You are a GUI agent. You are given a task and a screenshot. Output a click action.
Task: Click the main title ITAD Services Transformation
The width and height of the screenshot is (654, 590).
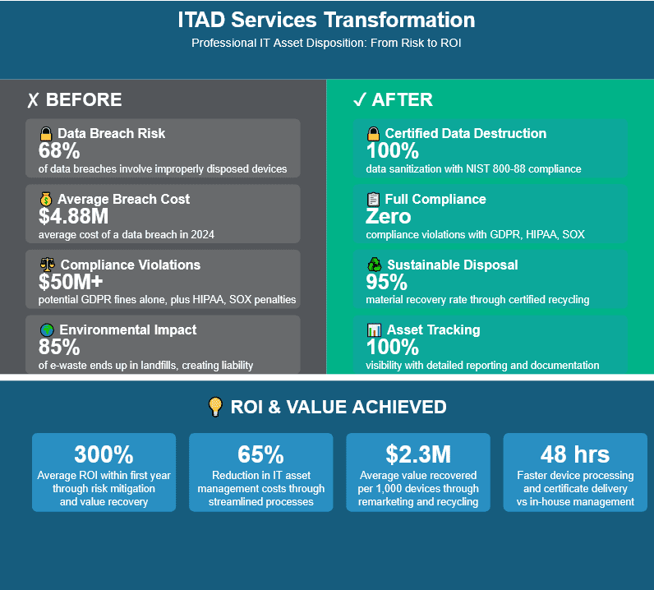click(326, 21)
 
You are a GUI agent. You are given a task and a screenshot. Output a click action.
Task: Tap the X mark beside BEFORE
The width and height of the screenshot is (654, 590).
click(33, 100)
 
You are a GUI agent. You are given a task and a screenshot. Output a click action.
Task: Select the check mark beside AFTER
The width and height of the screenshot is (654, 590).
click(359, 100)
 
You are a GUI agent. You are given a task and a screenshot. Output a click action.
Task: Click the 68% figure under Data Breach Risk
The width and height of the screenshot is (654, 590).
click(59, 151)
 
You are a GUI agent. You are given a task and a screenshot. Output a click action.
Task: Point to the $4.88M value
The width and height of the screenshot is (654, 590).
click(72, 217)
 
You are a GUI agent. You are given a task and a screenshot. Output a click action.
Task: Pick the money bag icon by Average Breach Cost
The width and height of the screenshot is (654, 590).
click(46, 199)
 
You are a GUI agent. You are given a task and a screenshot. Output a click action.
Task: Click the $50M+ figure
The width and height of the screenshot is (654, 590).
click(70, 282)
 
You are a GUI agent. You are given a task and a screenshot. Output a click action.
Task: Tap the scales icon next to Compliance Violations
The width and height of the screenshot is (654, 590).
click(48, 265)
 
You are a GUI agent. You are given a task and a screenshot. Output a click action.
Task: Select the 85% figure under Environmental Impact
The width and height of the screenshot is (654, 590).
click(59, 348)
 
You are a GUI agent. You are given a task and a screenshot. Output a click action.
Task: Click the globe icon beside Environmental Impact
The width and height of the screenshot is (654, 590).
click(47, 330)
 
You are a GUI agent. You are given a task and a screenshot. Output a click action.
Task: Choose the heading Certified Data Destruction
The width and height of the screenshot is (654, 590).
click(465, 133)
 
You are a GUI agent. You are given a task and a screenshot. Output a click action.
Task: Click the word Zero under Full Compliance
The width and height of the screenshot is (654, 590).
click(389, 217)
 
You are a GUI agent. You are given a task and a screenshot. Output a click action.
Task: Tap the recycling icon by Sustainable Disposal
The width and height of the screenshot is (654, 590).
click(374, 265)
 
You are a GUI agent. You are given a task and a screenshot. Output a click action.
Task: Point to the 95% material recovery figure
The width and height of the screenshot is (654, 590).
click(386, 282)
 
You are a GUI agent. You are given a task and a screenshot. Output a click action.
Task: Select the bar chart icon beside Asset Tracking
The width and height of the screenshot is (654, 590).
click(374, 330)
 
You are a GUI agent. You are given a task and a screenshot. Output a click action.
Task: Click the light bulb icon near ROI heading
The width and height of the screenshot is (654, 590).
click(215, 407)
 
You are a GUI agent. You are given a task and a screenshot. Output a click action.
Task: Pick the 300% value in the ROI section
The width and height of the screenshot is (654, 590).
click(104, 454)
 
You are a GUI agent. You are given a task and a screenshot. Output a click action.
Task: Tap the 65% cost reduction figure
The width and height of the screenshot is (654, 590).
click(260, 454)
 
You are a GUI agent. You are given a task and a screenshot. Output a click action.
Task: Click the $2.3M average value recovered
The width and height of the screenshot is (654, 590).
click(418, 454)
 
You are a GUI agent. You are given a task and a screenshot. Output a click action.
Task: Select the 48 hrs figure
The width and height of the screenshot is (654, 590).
click(575, 454)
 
